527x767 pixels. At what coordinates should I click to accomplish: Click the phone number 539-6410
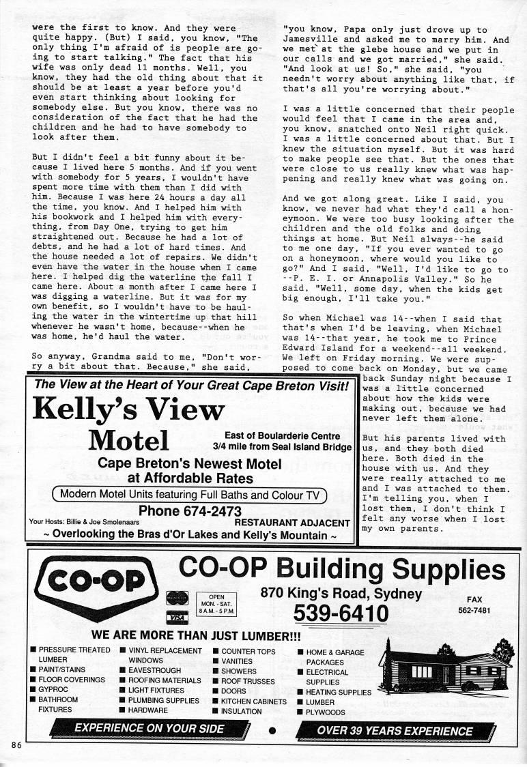pyautogui.click(x=341, y=614)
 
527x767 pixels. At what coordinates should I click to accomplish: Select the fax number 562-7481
pyautogui.click(x=474, y=611)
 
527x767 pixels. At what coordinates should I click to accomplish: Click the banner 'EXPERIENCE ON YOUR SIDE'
pyautogui.click(x=149, y=729)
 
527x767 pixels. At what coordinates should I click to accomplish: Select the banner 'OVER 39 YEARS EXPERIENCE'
pyautogui.click(x=395, y=730)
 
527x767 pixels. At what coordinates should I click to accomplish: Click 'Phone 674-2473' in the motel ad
pyautogui.click(x=190, y=510)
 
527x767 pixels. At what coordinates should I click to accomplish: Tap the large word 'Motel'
pyautogui.click(x=128, y=441)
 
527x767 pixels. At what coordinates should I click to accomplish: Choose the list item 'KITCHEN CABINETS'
pyautogui.click(x=253, y=701)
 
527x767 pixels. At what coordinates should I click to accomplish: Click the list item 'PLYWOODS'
pyautogui.click(x=326, y=712)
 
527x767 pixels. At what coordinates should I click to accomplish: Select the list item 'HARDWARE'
pyautogui.click(x=147, y=710)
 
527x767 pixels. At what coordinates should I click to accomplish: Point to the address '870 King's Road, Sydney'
pyautogui.click(x=341, y=592)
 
